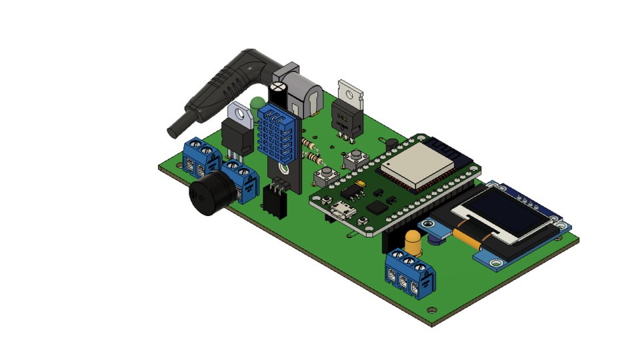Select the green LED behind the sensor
pos(257,103)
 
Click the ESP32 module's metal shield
pos(417,164)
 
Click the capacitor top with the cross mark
pos(277,87)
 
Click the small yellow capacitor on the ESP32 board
pos(361,183)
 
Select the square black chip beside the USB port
pos(377,207)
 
